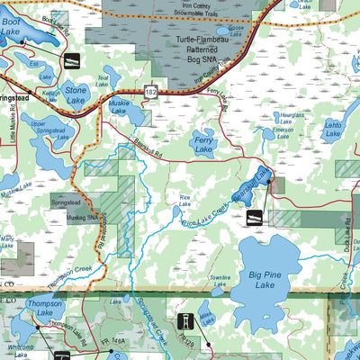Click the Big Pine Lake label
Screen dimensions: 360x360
coord(263,278)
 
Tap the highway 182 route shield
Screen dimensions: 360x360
coord(152,92)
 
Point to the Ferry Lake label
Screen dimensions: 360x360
coord(203,147)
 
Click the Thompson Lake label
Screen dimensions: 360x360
coord(45,308)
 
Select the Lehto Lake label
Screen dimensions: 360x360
coord(333,131)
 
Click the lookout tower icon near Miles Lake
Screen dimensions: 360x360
coord(188,321)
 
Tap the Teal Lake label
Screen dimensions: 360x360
coord(103,79)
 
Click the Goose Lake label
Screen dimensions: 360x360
coord(236,28)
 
